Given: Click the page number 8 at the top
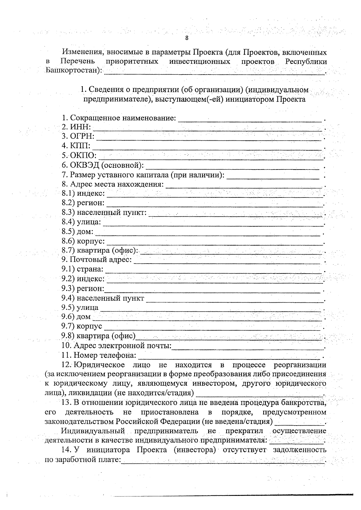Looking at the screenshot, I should (x=187, y=38).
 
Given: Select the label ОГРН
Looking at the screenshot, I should (x=82, y=136).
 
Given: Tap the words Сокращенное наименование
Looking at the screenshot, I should (x=123, y=118).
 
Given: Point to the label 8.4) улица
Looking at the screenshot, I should (x=81, y=222).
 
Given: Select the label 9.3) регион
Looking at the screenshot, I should (x=82, y=289).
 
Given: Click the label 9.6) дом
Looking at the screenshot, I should (x=76, y=317).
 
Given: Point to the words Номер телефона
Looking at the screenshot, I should (x=105, y=356).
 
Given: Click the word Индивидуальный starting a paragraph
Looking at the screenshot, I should (x=93, y=431).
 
